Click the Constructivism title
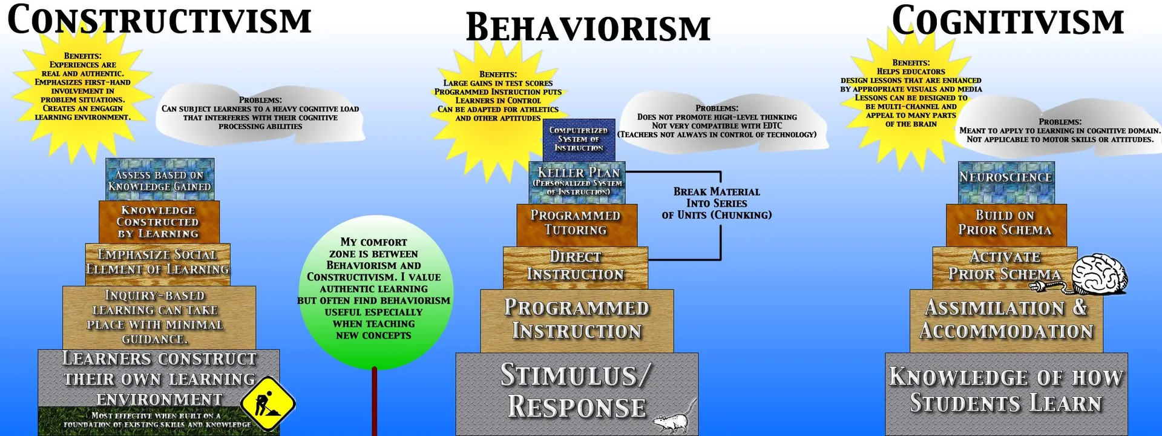[159, 20]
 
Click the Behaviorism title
[588, 28]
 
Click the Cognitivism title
[1008, 21]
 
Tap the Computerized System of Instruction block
[579, 139]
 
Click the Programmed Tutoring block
[576, 223]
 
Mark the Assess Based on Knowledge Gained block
[160, 180]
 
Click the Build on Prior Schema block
[1005, 223]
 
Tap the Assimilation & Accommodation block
[1006, 320]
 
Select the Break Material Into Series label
[717, 203]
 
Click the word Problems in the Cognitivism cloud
[1060, 122]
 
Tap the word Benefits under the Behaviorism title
[498, 74]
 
